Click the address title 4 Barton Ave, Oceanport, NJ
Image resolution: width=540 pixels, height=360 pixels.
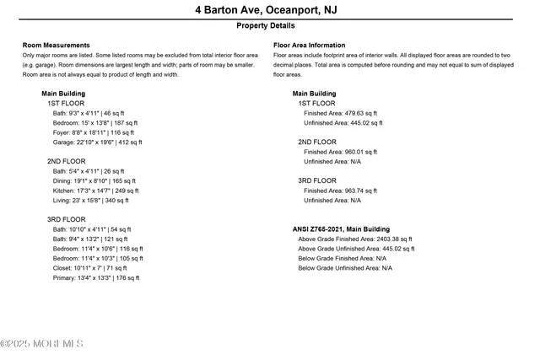(269, 10)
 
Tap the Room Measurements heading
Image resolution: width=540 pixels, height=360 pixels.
(56, 45)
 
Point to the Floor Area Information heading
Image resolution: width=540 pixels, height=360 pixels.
(309, 45)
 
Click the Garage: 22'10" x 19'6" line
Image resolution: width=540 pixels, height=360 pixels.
(96, 142)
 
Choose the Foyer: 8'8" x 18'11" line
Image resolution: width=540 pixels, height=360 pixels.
(93, 132)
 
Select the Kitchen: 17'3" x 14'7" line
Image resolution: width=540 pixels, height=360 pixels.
(95, 191)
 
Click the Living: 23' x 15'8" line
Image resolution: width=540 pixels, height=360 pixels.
(90, 200)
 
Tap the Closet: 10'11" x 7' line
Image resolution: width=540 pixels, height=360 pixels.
(89, 267)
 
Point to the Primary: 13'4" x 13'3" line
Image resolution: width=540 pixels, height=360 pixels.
(95, 277)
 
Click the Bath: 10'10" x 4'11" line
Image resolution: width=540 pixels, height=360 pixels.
(91, 228)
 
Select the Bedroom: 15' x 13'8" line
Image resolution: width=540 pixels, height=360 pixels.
(94, 122)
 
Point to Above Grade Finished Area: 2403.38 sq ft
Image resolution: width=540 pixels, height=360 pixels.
(355, 239)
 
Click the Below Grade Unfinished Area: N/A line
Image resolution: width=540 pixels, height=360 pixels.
(345, 267)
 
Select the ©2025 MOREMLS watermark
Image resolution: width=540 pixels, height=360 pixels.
(42, 343)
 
